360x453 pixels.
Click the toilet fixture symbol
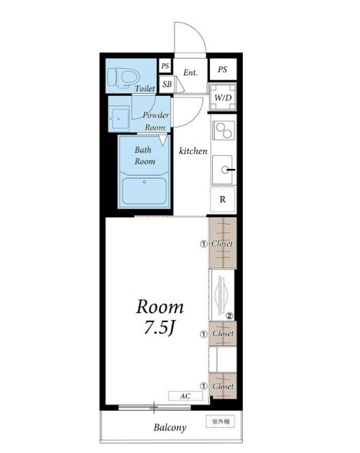coord(123,78)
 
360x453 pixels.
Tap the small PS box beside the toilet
coord(165,66)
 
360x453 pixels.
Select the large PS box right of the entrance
coord(223,69)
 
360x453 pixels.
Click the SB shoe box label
coord(167,84)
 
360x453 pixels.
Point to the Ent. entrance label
coord(190,72)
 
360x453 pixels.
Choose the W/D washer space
coord(223,97)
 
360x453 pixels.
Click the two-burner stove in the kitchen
coord(224,131)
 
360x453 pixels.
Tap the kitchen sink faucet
coord(228,170)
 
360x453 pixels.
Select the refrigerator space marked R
coord(223,200)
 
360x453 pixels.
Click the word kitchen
coord(193,151)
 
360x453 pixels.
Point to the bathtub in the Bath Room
coord(144,191)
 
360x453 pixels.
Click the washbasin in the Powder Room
coord(119,119)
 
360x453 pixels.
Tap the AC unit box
coord(185,396)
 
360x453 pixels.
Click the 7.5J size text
coord(159,328)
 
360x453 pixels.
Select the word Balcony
coord(170,428)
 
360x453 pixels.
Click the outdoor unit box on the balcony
coord(220,422)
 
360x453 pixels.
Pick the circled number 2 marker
coord(230,316)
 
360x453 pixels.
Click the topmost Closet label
coord(222,244)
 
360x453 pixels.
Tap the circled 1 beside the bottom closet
coord(204,386)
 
